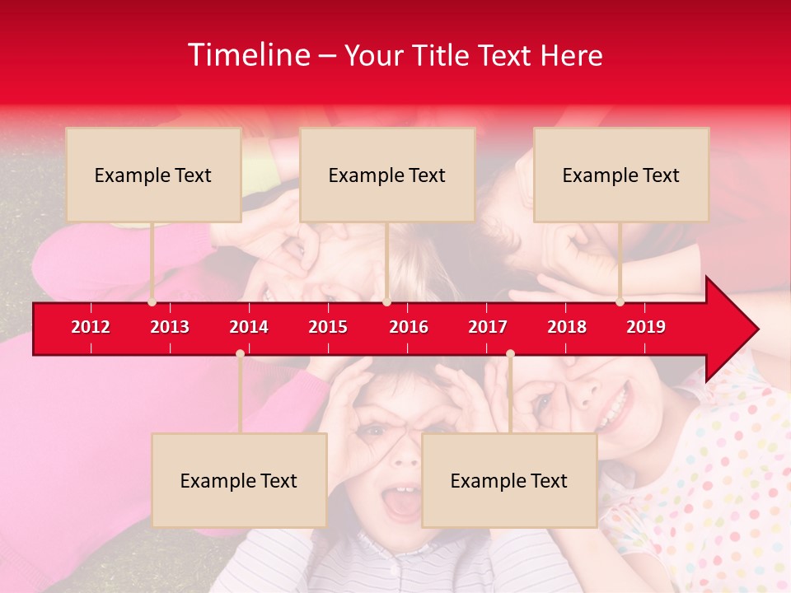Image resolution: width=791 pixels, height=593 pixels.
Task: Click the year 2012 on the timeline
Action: click(91, 327)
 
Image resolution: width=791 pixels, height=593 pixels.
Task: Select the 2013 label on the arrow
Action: click(170, 327)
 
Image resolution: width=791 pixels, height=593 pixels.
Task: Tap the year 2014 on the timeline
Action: click(249, 327)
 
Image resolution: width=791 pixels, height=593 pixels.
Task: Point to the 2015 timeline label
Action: click(328, 327)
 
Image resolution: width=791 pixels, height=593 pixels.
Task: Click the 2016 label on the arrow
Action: click(409, 327)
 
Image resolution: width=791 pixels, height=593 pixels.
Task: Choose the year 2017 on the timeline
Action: click(488, 327)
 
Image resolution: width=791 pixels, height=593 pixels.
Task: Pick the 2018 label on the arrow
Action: click(567, 327)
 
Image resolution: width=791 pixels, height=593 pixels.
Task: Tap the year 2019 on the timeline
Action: click(646, 327)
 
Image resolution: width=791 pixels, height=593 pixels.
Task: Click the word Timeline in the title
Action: click(249, 55)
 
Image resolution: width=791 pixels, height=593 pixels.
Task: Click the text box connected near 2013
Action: click(153, 175)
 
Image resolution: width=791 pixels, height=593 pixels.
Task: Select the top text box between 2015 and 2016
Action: click(387, 175)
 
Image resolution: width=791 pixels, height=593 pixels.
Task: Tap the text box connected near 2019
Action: click(621, 175)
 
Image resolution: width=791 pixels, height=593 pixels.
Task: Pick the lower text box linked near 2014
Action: click(239, 480)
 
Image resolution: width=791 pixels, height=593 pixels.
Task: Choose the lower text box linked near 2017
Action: click(509, 480)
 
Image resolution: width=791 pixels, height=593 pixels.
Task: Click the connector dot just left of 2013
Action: click(152, 302)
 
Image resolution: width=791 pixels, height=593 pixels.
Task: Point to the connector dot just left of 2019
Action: click(620, 302)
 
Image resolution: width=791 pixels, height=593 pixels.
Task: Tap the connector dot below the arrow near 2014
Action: click(240, 353)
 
